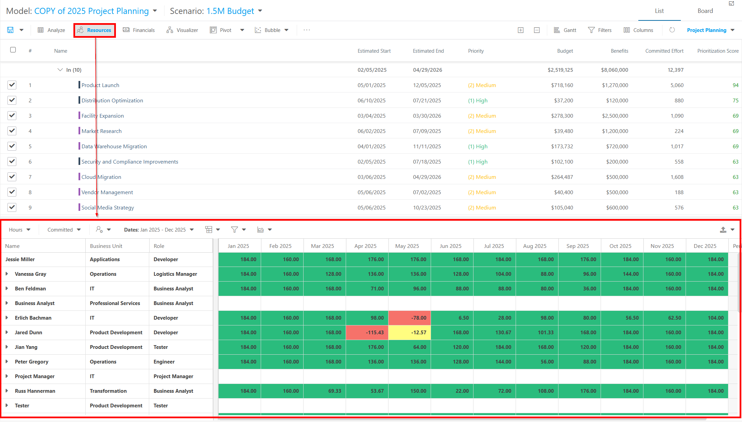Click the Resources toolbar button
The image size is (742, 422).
point(94,30)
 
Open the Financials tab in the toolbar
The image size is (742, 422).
point(139,30)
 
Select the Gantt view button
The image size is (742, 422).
point(565,30)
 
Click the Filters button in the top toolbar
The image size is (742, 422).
point(600,30)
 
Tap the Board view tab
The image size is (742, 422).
point(705,11)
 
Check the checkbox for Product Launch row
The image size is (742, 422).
point(12,85)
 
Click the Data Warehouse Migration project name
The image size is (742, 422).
point(114,147)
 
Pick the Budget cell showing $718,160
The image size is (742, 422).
point(562,85)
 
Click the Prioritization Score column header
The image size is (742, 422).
point(718,51)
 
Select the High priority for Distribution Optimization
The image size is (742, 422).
point(478,101)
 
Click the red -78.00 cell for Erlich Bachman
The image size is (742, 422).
point(410,318)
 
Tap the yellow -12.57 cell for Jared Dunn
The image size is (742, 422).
point(410,333)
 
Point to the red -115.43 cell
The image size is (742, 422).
point(367,333)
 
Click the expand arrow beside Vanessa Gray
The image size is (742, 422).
point(7,274)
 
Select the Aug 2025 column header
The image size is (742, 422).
point(535,246)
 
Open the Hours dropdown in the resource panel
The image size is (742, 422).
point(20,230)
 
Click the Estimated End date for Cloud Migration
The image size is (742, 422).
point(427,177)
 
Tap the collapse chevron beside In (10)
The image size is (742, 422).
point(60,70)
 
